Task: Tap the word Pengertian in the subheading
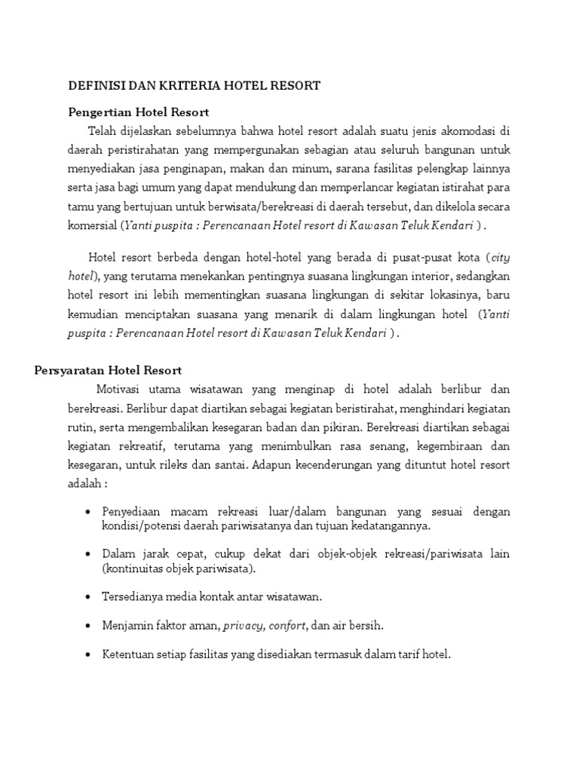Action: [x=101, y=112]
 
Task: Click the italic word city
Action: [x=501, y=257]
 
